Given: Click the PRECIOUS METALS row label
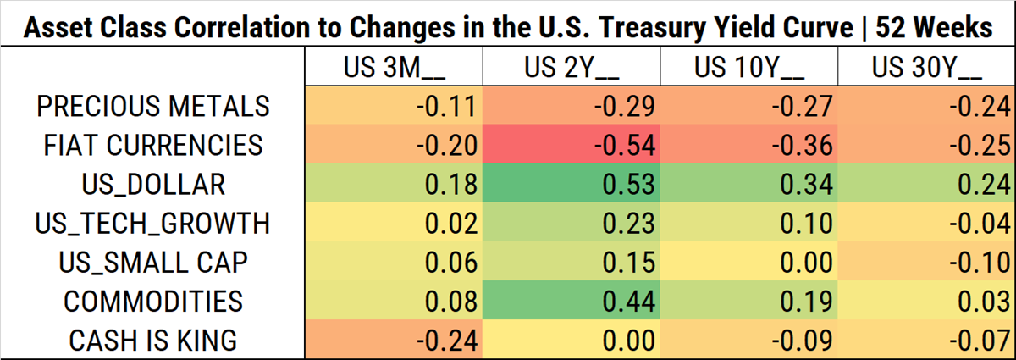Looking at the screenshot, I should tap(153, 106).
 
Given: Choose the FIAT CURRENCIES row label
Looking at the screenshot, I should tap(153, 145).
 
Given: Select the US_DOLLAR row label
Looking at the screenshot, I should tap(153, 184).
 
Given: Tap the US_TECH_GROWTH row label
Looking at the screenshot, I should tap(153, 223).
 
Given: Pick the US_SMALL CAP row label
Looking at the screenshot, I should tap(153, 262).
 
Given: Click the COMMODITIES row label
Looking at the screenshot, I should tap(153, 301).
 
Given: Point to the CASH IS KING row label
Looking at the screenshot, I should tap(153, 340).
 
